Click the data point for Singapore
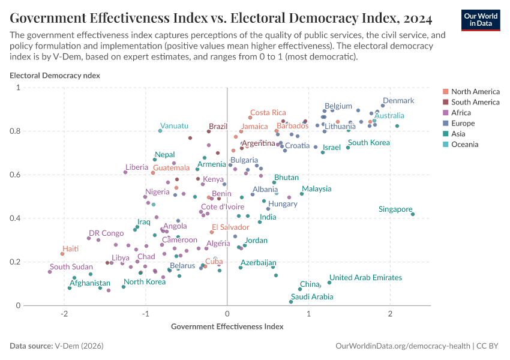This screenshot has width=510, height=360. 413,214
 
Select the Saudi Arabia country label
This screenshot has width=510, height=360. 311,297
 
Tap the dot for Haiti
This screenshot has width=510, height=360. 62,254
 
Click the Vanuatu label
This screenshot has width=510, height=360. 174,126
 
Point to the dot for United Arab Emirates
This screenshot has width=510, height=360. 329,283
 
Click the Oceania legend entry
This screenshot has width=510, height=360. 464,144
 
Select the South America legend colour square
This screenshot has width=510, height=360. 445,102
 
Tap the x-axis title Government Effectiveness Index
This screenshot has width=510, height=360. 227,326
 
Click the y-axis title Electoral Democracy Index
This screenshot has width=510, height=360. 55,76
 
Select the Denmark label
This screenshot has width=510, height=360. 398,101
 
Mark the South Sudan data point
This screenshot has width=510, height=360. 50,272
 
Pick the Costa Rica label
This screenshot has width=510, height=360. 268,113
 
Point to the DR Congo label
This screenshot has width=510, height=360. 106,233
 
